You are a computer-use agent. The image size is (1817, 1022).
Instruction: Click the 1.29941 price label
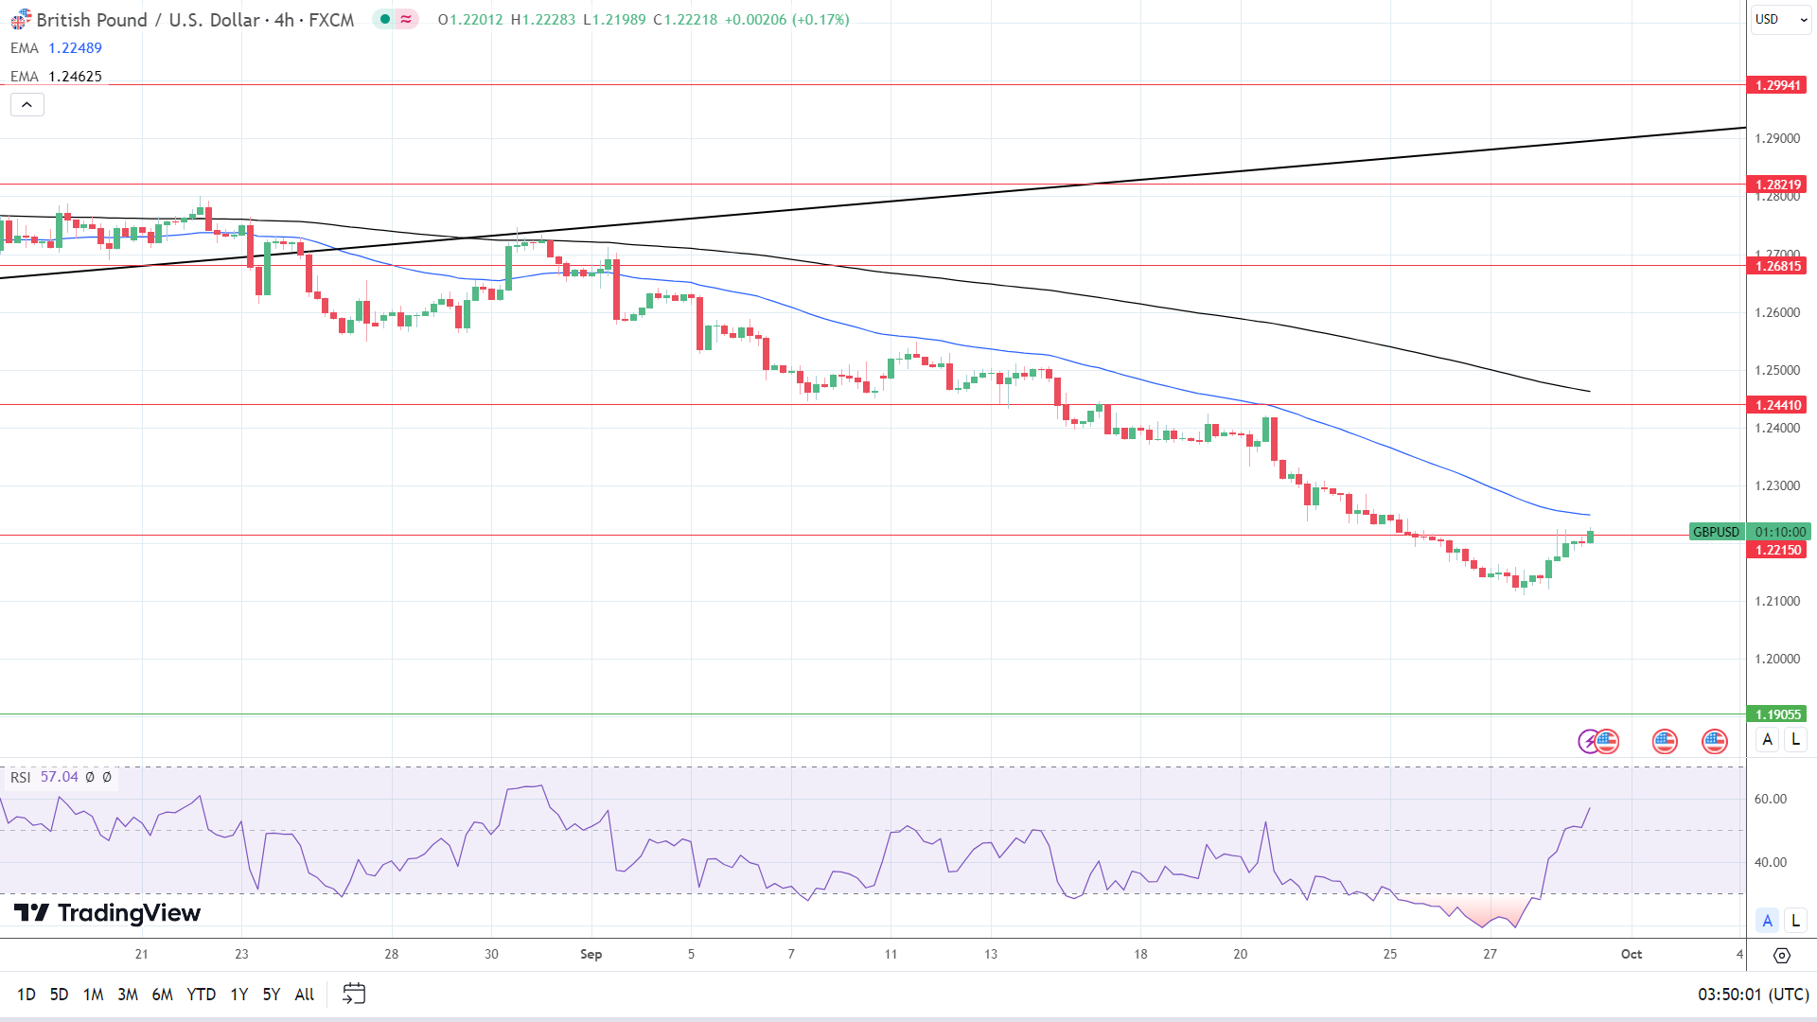pyautogui.click(x=1777, y=85)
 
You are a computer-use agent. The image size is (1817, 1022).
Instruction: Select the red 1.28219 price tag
pyautogui.click(x=1777, y=185)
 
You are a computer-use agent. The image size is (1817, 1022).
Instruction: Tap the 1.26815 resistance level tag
pyautogui.click(x=1777, y=266)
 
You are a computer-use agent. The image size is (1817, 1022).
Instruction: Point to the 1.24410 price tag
pyautogui.click(x=1777, y=405)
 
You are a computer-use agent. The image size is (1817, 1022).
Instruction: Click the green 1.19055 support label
pyautogui.click(x=1777, y=714)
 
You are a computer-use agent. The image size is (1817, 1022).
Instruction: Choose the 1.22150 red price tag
pyautogui.click(x=1777, y=550)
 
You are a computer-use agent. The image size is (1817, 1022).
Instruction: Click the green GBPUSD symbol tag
pyautogui.click(x=1716, y=532)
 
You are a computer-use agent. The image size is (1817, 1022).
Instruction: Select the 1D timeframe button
pyautogui.click(x=26, y=994)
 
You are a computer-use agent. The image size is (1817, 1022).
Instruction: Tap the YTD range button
pyautogui.click(x=201, y=994)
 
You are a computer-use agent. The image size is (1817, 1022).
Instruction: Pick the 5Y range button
pyautogui.click(x=271, y=994)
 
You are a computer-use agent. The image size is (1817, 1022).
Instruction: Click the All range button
pyautogui.click(x=304, y=994)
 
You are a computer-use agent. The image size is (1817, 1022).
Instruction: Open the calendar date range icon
pyautogui.click(x=354, y=994)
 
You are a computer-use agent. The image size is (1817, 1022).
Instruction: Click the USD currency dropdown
pyautogui.click(x=1780, y=19)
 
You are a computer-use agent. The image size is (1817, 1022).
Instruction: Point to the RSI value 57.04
pyautogui.click(x=59, y=777)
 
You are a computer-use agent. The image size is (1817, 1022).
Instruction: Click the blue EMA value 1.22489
pyautogui.click(x=75, y=48)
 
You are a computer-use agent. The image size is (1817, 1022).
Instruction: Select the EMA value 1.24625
pyautogui.click(x=75, y=77)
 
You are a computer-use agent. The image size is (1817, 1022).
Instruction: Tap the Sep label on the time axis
pyautogui.click(x=591, y=954)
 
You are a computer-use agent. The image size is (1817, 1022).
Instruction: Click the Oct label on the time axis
pyautogui.click(x=1631, y=954)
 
